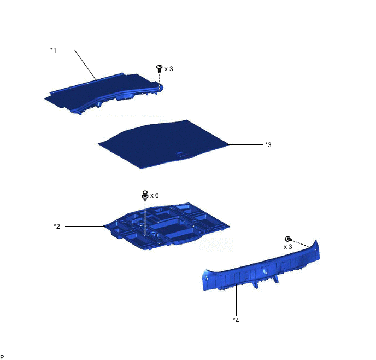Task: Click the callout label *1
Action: tap(53, 50)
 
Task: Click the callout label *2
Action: tap(57, 226)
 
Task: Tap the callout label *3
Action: tap(268, 145)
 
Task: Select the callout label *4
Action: tap(236, 320)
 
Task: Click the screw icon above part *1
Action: tap(159, 68)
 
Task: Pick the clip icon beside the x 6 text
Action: tap(145, 195)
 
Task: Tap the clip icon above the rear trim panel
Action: tap(288, 239)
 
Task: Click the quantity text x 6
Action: tap(155, 195)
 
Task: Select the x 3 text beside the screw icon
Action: tap(168, 69)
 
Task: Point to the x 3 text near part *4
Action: tap(288, 247)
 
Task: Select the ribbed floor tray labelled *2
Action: tap(166, 225)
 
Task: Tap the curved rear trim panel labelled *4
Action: tap(261, 269)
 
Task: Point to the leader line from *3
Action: tap(246, 145)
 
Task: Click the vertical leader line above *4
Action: tap(236, 300)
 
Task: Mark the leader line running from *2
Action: tap(84, 226)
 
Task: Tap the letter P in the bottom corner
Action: tap(2, 357)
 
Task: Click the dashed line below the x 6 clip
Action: tap(145, 217)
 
